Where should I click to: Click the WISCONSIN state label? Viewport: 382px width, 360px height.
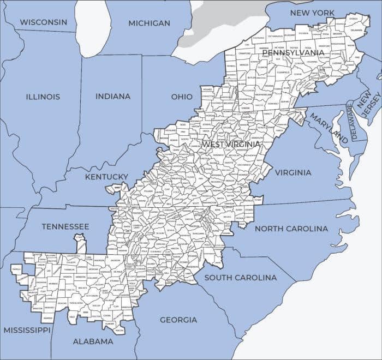coord(44,22)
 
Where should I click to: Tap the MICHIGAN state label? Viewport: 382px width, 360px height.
coord(149,23)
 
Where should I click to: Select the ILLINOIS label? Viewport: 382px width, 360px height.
coord(43,97)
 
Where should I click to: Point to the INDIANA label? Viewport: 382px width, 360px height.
coord(113,96)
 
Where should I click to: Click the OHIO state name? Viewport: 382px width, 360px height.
coord(182,97)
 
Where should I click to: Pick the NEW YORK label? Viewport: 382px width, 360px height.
coord(312,12)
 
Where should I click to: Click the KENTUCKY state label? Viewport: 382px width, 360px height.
coord(106,177)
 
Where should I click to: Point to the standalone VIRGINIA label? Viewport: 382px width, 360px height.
coord(293,172)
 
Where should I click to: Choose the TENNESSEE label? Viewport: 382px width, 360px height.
coord(65,226)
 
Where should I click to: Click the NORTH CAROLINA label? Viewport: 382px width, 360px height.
coord(291,229)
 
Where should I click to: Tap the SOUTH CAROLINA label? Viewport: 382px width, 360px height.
coord(240,277)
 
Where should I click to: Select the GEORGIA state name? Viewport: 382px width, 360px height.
coord(178,320)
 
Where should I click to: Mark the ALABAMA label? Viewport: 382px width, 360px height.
coord(93,341)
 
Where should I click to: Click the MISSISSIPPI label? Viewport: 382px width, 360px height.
coord(27,330)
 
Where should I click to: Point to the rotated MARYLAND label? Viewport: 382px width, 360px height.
coord(329,128)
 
